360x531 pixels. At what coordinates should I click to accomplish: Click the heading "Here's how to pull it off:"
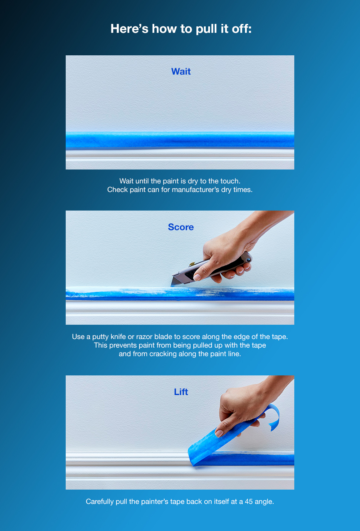[181, 29]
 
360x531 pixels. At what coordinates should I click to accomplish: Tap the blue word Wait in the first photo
[181, 71]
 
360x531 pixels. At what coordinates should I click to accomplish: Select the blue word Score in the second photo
[181, 227]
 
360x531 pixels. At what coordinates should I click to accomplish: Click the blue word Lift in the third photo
[181, 392]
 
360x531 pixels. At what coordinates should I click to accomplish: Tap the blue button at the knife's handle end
[249, 260]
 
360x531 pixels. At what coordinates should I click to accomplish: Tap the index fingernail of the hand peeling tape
[219, 433]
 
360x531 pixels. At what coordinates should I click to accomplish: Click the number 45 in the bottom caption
[249, 501]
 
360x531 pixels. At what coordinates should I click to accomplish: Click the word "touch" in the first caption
[230, 181]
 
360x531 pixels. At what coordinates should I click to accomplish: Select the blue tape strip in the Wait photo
[180, 140]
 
